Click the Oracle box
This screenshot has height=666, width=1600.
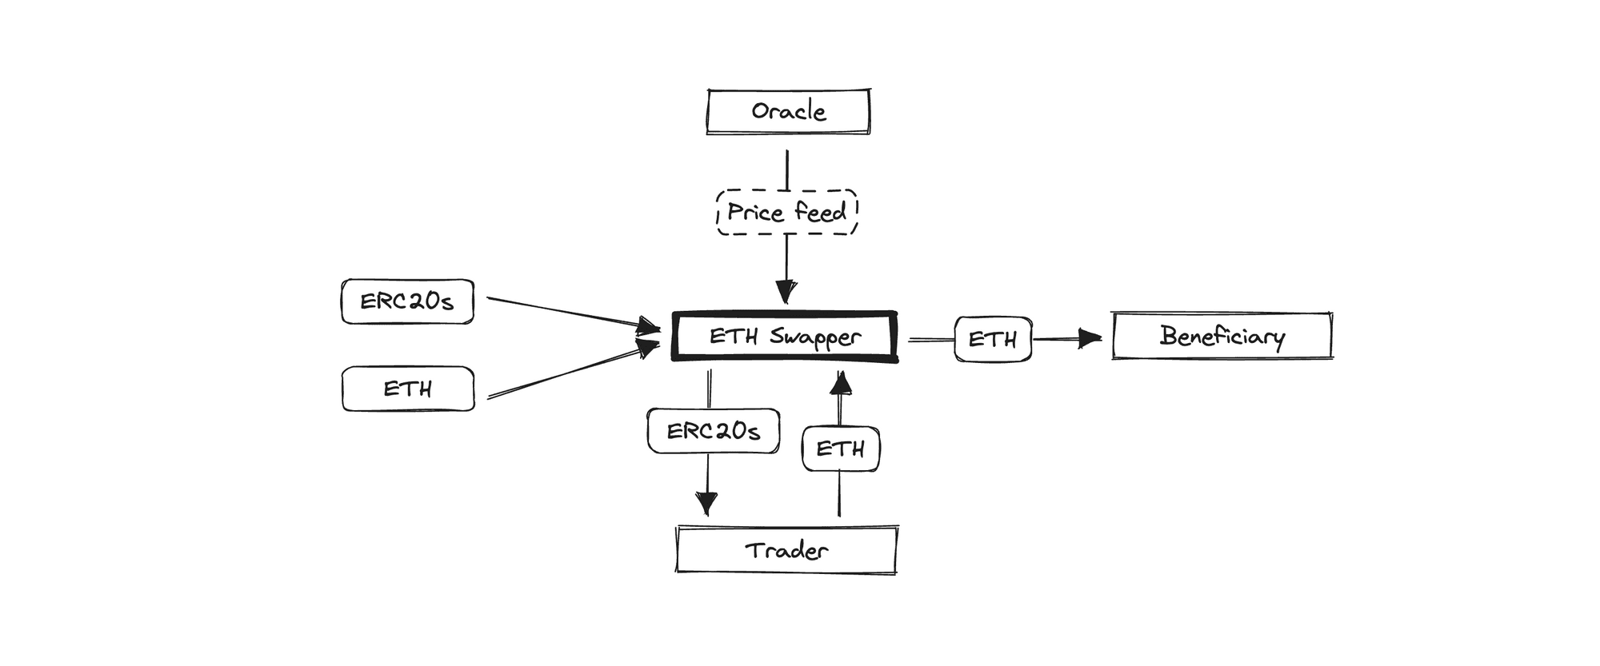coord(788,111)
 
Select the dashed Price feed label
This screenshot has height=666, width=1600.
coord(786,213)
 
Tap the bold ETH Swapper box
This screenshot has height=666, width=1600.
coord(785,337)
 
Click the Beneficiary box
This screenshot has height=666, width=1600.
coord(1222,336)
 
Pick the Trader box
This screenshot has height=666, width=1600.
coord(786,550)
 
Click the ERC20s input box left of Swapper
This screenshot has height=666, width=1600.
coord(407,301)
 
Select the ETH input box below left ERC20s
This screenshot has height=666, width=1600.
coord(408,389)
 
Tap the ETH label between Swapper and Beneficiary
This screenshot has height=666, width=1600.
coord(993,340)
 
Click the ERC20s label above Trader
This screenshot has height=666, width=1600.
coord(714,432)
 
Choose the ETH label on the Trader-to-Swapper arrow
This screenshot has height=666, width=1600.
coord(841,449)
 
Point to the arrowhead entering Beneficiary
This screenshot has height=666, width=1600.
coord(1090,339)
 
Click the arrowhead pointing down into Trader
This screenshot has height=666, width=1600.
coord(707,504)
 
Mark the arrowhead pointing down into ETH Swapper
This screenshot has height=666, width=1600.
coord(786,292)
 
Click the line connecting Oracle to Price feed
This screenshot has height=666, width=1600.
coord(787,169)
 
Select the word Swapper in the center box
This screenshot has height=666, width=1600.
coord(815,337)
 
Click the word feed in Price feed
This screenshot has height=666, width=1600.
coord(820,213)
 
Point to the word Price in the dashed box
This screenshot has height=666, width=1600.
coord(755,213)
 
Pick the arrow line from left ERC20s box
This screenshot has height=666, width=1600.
coord(568,313)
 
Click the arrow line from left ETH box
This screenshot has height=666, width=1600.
coord(568,373)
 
